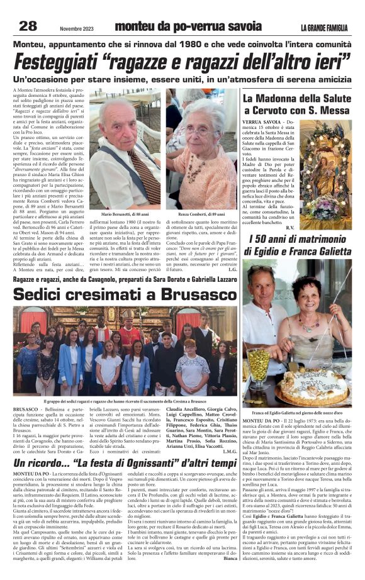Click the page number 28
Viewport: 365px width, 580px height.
[x=28, y=26]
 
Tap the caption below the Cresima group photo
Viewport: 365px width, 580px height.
[x=125, y=401]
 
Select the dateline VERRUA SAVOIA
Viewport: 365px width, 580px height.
[x=261, y=120]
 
